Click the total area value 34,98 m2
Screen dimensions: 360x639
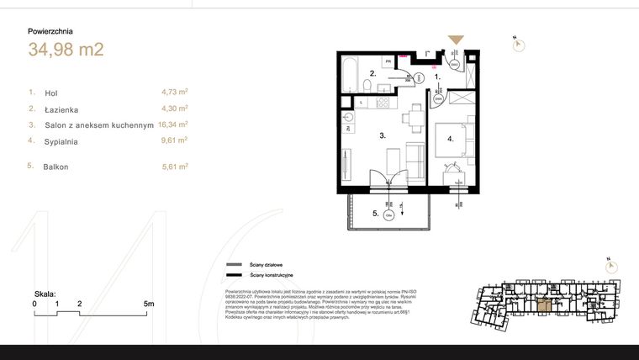(x=66, y=50)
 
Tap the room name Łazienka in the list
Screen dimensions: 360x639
(x=62, y=109)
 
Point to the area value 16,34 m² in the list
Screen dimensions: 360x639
(x=172, y=124)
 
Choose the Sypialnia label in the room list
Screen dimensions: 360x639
(x=61, y=142)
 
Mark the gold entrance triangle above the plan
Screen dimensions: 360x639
(x=455, y=40)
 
